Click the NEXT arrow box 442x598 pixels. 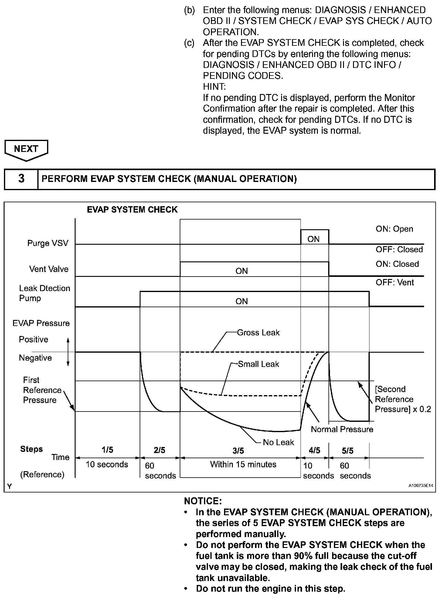(x=26, y=149)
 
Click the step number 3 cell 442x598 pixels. (x=21, y=179)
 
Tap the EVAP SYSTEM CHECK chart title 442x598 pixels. (x=132, y=210)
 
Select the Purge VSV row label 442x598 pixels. (x=48, y=243)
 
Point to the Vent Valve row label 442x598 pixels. (x=49, y=269)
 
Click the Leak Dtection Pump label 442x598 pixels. (x=44, y=293)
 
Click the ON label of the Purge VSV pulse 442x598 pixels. (x=314, y=239)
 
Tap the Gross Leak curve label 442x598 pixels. (x=258, y=333)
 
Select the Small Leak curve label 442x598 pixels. (x=258, y=364)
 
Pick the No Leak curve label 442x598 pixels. (x=278, y=442)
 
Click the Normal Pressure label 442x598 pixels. (x=342, y=429)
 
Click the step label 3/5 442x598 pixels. (x=238, y=451)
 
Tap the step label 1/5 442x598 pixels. (x=107, y=450)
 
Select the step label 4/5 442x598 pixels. (x=314, y=451)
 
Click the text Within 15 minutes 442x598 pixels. (x=243, y=464)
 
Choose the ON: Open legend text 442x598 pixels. (x=394, y=229)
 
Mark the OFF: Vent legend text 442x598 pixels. (x=395, y=283)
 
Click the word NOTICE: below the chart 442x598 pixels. (x=203, y=501)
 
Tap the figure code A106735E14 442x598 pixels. (x=420, y=485)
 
